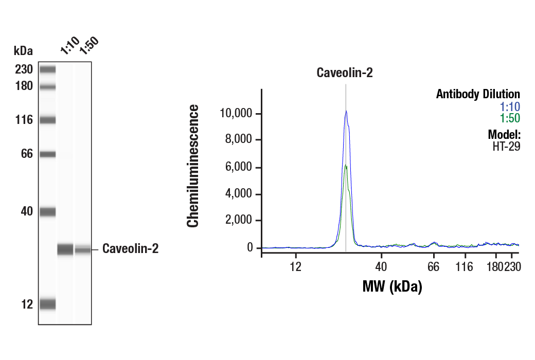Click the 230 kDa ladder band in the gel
click(47, 69)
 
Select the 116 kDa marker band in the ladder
click(47, 120)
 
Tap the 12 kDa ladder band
click(47, 304)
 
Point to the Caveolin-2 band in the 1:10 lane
click(65, 249)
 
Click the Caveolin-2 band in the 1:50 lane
click(83, 250)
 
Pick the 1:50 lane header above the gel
click(88, 46)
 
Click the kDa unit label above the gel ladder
click(23, 50)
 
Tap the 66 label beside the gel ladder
click(26, 154)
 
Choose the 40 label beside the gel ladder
click(26, 211)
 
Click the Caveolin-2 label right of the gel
click(130, 249)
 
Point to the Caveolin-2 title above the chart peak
click(344, 73)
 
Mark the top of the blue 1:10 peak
click(346, 111)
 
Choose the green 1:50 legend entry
click(510, 118)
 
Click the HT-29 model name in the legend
click(506, 146)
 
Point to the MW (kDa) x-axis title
click(392, 286)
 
